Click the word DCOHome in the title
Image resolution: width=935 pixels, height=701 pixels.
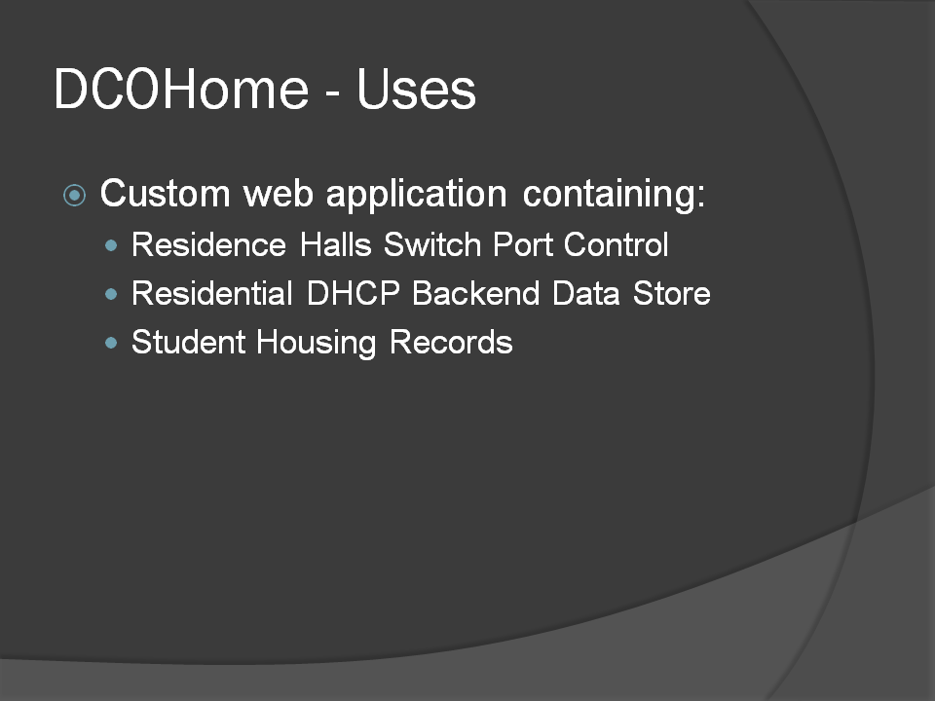[181, 89]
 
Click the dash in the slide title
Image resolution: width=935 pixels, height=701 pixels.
[333, 94]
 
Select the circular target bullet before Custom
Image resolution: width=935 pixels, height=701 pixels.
[75, 195]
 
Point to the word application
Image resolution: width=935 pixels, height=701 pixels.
[416, 195]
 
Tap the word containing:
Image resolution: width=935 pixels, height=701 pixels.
[614, 195]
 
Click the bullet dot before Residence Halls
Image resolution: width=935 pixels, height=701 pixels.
[111, 245]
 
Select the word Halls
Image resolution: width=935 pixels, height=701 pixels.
[336, 244]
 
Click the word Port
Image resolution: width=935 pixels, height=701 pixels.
[523, 244]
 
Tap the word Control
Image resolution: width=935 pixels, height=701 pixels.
[616, 244]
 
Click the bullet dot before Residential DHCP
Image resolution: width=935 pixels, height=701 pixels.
[111, 293]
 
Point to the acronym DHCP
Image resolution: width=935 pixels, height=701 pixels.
[353, 293]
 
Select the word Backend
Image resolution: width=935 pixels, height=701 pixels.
[476, 293]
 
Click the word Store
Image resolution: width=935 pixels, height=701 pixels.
[671, 293]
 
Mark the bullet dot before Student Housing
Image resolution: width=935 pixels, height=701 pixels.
[111, 342]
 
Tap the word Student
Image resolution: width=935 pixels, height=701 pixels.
[188, 342]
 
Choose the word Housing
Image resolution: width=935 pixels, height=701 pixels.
[317, 344]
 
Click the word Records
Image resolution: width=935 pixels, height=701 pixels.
[451, 342]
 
